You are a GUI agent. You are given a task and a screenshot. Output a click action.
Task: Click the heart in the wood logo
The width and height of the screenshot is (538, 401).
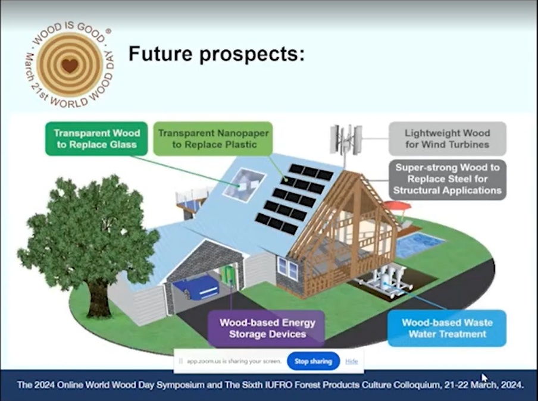[x=70, y=65]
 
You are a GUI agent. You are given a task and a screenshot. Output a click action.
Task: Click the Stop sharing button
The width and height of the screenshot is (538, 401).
[x=313, y=361]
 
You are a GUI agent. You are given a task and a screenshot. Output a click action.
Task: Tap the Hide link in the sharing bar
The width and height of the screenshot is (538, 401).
[x=351, y=361]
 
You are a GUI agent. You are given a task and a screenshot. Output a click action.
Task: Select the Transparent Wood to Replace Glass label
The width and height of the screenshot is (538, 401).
[x=96, y=139]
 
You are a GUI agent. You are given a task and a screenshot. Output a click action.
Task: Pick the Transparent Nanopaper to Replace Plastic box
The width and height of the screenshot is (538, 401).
[x=213, y=139]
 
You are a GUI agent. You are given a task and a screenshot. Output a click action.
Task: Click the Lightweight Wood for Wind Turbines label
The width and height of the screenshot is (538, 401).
[x=448, y=139]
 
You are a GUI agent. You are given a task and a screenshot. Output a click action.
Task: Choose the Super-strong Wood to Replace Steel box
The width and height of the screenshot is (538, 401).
[x=448, y=179]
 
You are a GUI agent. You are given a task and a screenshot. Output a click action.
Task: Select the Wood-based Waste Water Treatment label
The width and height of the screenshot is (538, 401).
[x=447, y=328]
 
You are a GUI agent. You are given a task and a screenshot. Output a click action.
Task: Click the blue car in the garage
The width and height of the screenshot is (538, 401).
[x=196, y=287]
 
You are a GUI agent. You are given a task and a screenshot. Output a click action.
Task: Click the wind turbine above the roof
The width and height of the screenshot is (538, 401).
[x=346, y=140]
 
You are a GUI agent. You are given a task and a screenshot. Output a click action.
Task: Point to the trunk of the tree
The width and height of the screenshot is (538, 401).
[x=98, y=297]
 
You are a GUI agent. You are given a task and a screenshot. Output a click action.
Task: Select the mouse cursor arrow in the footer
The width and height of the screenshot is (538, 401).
[x=484, y=378]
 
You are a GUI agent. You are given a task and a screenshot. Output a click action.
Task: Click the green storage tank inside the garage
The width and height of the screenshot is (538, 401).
[x=227, y=273]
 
